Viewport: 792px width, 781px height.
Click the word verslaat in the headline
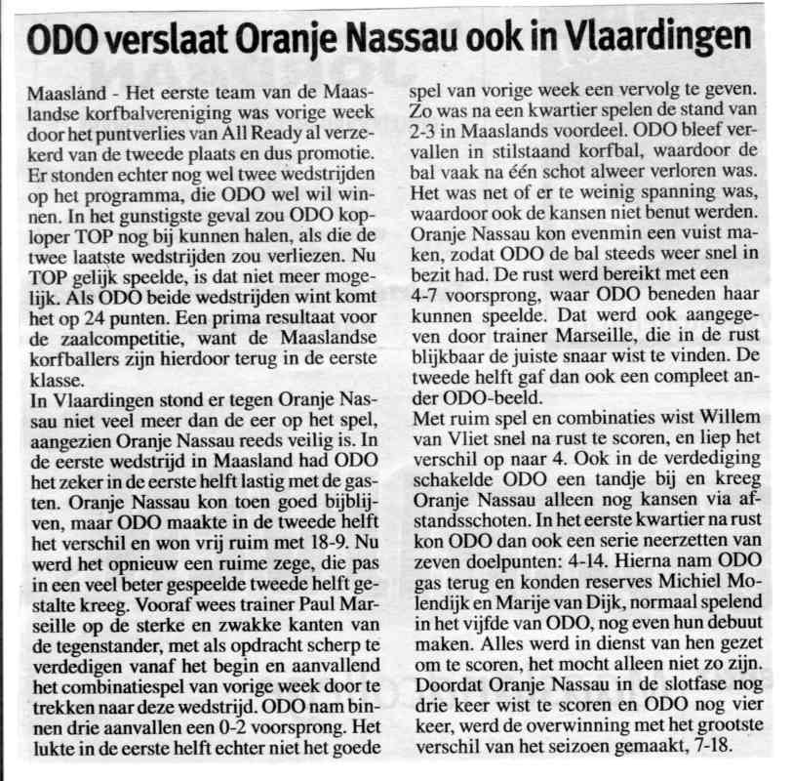click(x=153, y=40)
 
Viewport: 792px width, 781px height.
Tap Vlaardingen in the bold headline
click(x=662, y=40)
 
